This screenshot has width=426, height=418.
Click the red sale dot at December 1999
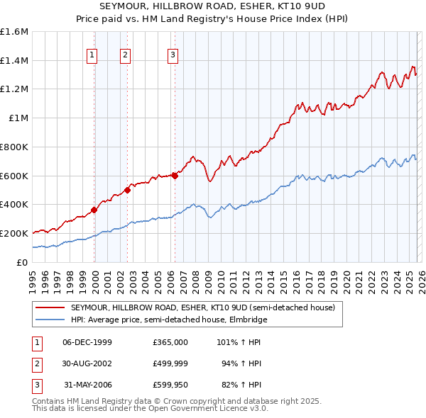(x=94, y=210)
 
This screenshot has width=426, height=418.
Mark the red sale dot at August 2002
(x=128, y=190)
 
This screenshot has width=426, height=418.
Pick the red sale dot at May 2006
(x=175, y=176)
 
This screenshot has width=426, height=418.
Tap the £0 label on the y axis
(x=23, y=262)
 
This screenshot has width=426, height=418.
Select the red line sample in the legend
(x=50, y=308)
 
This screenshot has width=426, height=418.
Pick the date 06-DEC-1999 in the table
(x=87, y=342)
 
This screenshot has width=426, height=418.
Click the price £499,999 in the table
(x=170, y=364)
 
